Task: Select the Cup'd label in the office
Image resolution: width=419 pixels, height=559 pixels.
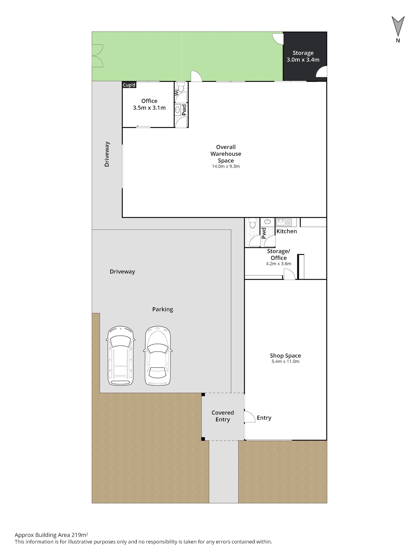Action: [129, 85]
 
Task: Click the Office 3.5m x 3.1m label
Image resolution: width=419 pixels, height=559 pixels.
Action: [149, 104]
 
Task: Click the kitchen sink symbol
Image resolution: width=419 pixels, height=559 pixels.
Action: [284, 222]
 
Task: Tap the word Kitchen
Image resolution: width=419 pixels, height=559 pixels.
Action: [287, 231]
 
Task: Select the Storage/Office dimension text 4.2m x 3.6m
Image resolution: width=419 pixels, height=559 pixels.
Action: [278, 264]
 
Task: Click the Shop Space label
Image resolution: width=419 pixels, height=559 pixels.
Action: [285, 358]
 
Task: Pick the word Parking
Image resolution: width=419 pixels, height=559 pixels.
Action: [163, 309]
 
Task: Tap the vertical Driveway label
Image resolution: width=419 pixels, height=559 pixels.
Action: [107, 154]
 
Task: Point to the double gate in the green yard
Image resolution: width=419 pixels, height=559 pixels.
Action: [98, 56]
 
